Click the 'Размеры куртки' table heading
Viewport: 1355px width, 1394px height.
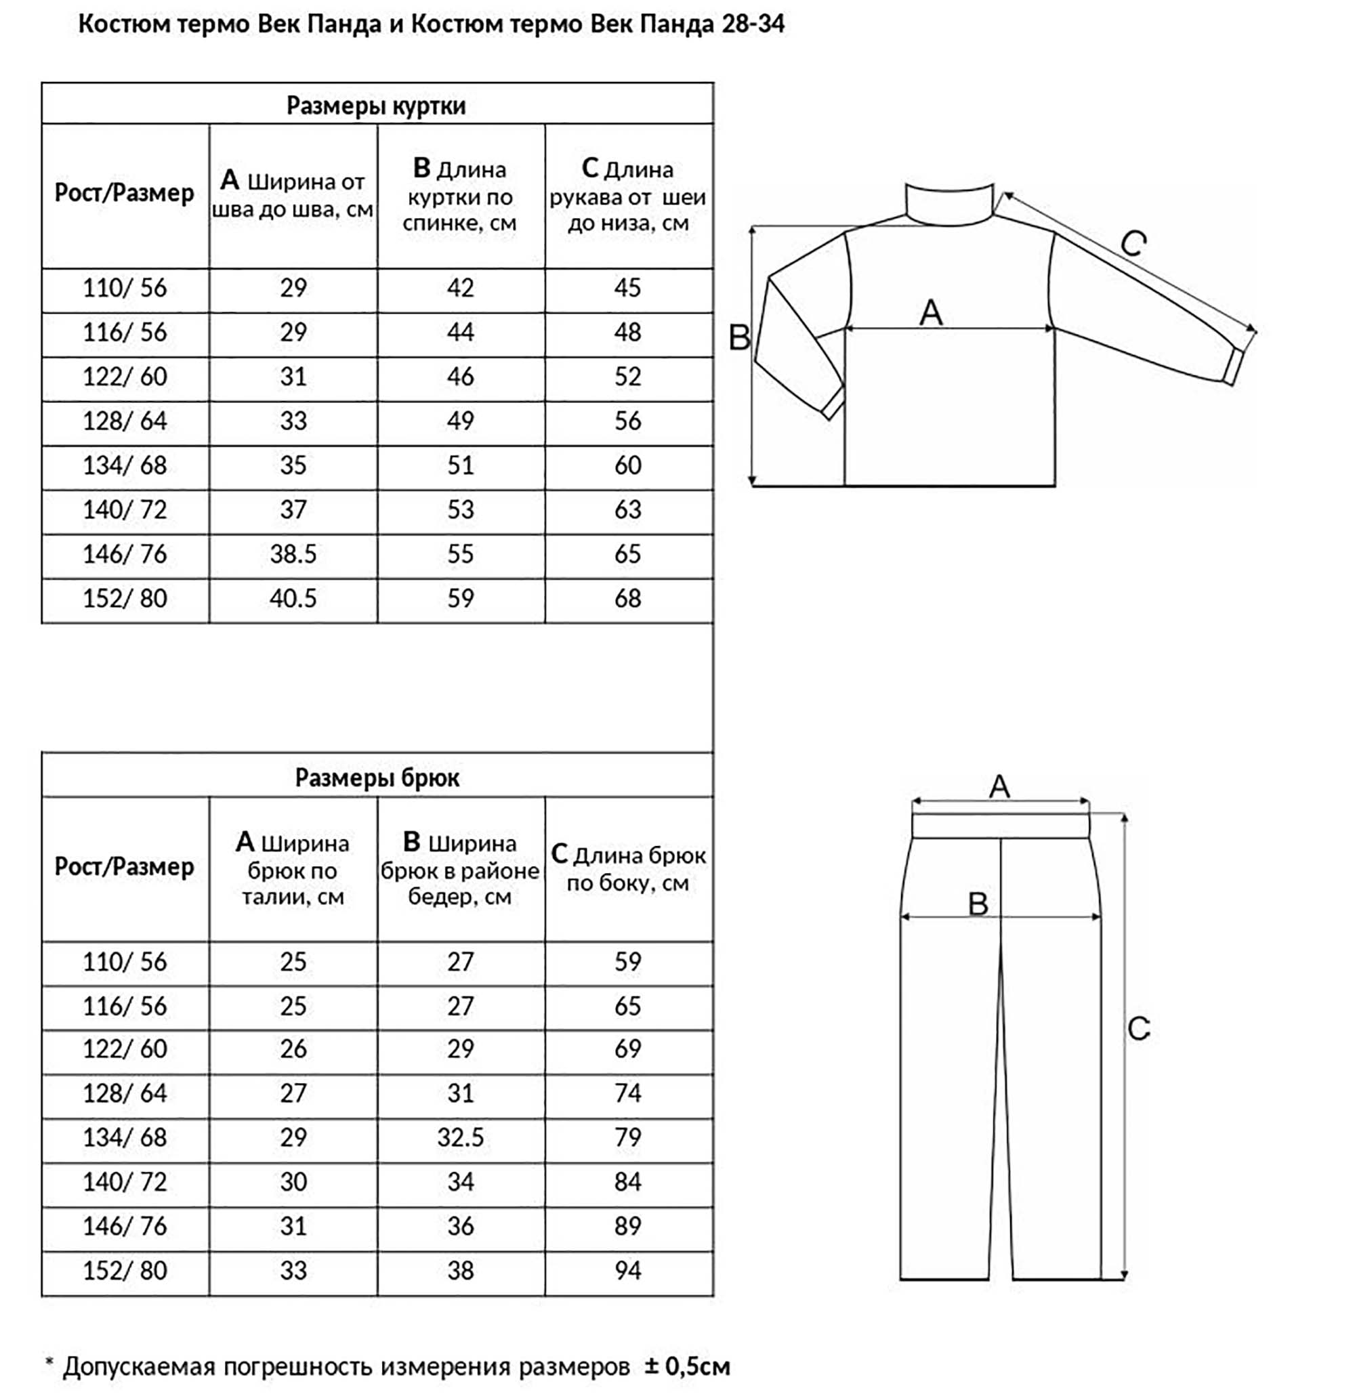point(376,105)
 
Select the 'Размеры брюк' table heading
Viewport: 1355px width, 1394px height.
point(377,777)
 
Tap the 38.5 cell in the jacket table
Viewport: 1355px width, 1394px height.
point(293,553)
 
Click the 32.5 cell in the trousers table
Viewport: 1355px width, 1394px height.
point(461,1137)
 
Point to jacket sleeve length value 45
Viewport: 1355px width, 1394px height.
point(627,287)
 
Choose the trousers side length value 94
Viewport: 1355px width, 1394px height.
point(627,1270)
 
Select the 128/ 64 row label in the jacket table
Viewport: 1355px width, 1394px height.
point(125,421)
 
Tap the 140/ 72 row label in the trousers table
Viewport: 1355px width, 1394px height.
point(125,1181)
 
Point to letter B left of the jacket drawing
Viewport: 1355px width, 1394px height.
point(739,337)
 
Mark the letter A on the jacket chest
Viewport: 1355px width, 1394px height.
point(931,312)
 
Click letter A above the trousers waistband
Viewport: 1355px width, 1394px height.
point(999,786)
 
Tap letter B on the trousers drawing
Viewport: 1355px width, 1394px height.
point(978,904)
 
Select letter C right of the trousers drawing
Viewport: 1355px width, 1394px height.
point(1139,1028)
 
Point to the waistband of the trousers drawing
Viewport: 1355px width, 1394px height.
point(1000,826)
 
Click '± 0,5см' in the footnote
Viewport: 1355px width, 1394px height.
point(688,1366)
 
